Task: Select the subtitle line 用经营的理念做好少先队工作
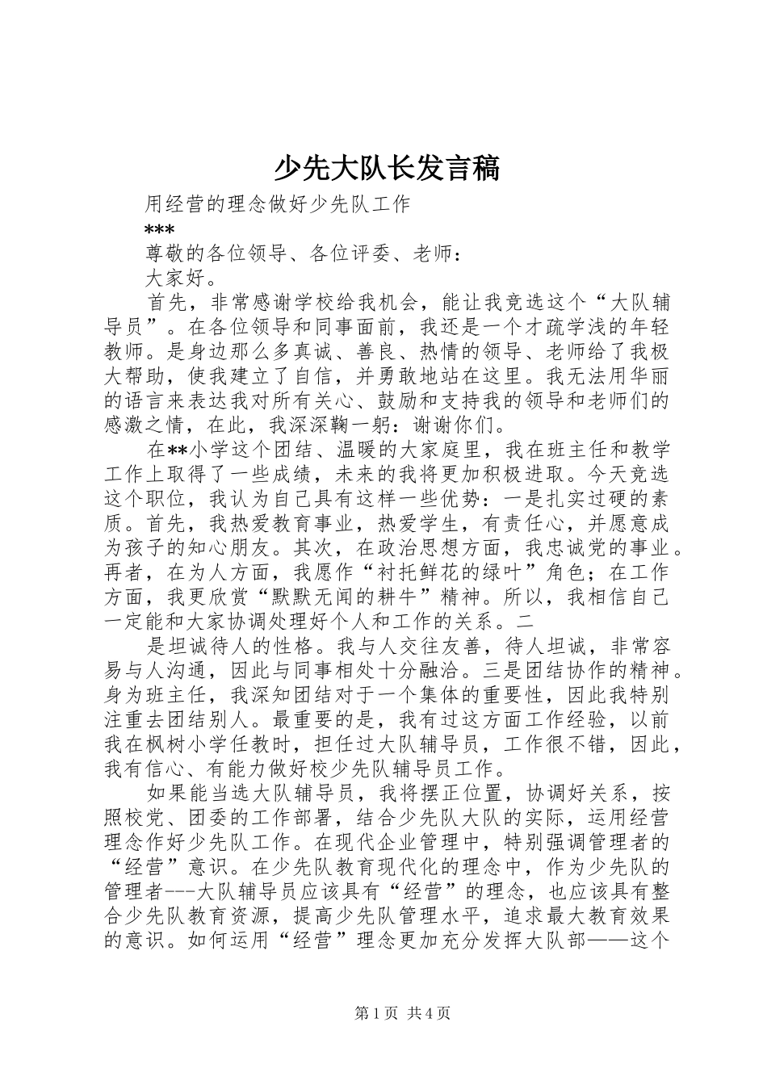pyautogui.click(x=278, y=203)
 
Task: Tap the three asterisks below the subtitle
pyautogui.click(x=158, y=229)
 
